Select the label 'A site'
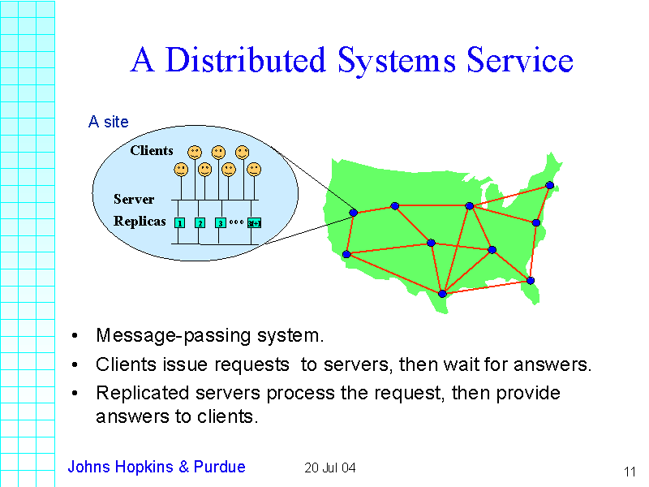(108, 122)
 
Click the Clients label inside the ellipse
(152, 150)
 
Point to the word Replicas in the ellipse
(140, 221)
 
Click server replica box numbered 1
(179, 222)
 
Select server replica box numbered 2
(200, 222)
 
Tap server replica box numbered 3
(220, 222)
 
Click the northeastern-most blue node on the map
(549, 185)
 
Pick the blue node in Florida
(530, 281)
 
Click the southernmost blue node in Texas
(442, 294)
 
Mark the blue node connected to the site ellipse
(354, 213)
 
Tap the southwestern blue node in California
(346, 254)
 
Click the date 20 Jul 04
(330, 468)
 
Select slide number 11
(630, 472)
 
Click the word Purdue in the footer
(220, 467)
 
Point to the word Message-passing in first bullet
(153, 335)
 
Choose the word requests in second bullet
(251, 364)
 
